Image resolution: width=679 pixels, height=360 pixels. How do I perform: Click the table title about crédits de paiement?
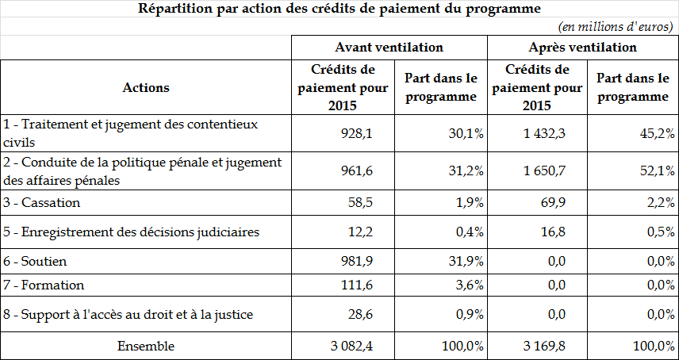[339, 10]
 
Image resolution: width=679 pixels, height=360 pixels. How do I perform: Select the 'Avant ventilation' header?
[389, 48]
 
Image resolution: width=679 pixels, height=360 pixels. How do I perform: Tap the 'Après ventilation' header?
[582, 48]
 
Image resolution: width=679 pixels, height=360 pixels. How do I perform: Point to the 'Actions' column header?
[146, 87]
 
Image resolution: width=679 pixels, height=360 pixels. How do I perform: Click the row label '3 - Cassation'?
[42, 202]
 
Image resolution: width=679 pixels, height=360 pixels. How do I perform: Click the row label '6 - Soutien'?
[36, 261]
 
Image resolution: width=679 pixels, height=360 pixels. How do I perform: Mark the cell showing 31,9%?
[467, 261]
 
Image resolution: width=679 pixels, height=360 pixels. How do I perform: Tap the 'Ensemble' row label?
[146, 346]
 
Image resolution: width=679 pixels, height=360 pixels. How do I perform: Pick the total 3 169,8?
[543, 346]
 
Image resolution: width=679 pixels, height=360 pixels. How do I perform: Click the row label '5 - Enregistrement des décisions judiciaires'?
[130, 232]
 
